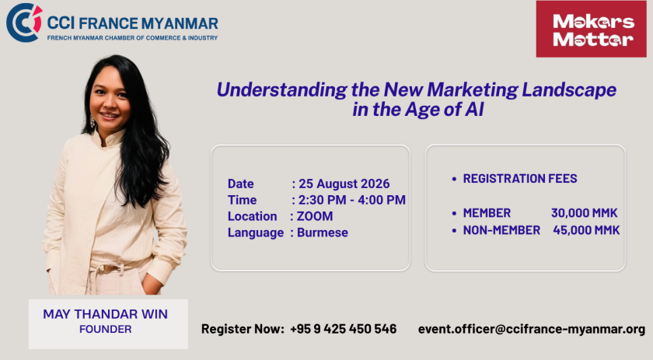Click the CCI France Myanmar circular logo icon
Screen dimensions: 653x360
pyautogui.click(x=24, y=23)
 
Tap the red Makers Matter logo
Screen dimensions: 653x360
pyautogui.click(x=592, y=30)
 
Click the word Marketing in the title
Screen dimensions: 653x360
pyautogui.click(x=473, y=89)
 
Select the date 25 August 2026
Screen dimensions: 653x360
pyautogui.click(x=344, y=183)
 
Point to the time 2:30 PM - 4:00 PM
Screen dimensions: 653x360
pyautogui.click(x=352, y=200)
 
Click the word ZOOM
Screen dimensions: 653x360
pyautogui.click(x=315, y=216)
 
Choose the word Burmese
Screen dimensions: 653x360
pyautogui.click(x=323, y=232)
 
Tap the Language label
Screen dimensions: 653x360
pyautogui.click(x=256, y=233)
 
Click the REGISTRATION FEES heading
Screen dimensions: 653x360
pyautogui.click(x=520, y=179)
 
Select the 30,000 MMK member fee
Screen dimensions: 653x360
pyautogui.click(x=585, y=213)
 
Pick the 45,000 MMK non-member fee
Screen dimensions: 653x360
pyautogui.click(x=586, y=230)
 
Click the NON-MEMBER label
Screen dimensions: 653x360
pyautogui.click(x=501, y=230)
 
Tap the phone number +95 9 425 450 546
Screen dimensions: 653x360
pyautogui.click(x=343, y=329)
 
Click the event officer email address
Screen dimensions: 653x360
pyautogui.click(x=532, y=329)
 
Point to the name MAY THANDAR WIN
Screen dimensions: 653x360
pyautogui.click(x=106, y=314)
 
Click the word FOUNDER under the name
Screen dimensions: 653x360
pyautogui.click(x=106, y=329)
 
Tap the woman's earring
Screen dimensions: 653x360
pyautogui.click(x=93, y=122)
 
